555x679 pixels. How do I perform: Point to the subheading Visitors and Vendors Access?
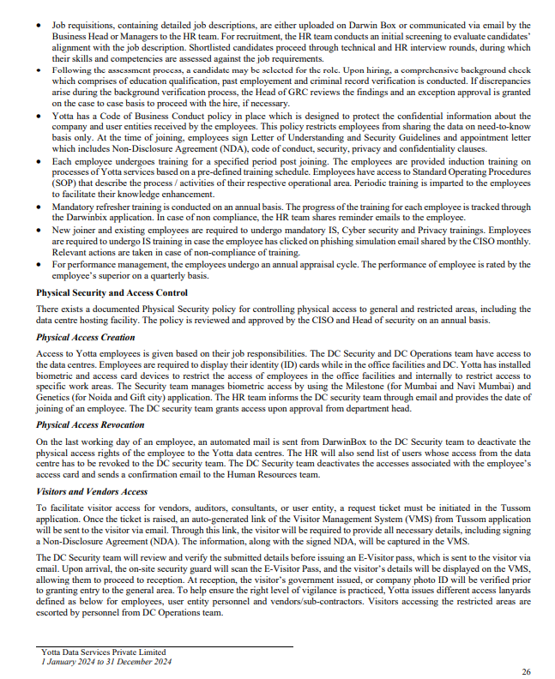pos(93,491)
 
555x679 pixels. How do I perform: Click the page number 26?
pos(526,670)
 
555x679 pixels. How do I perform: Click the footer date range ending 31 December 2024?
pos(106,661)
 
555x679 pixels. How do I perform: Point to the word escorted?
pos(53,612)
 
